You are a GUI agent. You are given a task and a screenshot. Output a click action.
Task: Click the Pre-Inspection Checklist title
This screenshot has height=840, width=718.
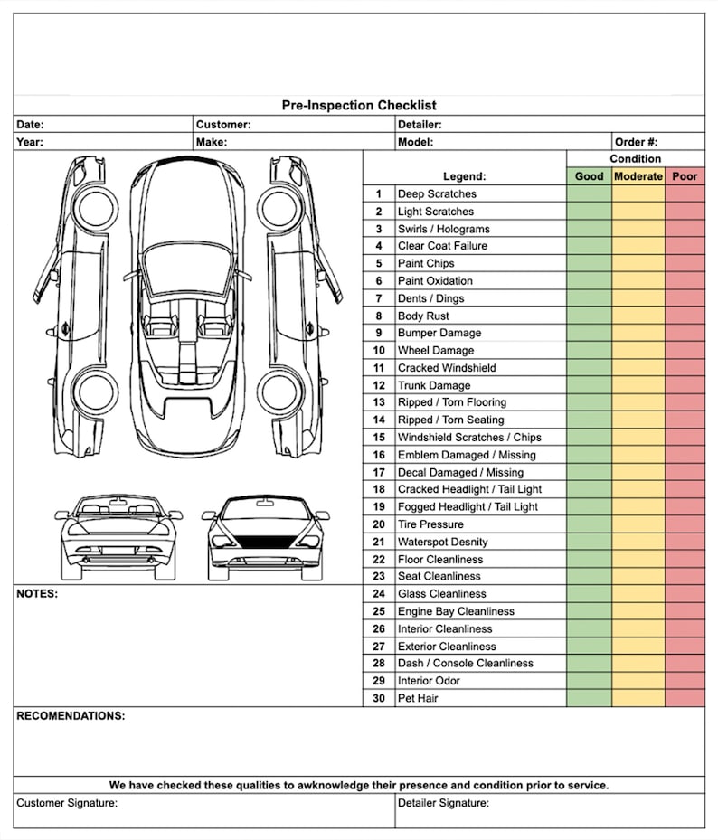point(359,106)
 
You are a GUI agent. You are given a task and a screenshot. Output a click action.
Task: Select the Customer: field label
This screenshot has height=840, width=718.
point(223,125)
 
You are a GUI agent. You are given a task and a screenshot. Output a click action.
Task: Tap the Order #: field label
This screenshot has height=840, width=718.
point(636,142)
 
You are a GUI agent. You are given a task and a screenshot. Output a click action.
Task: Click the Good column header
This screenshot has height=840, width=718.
point(589,176)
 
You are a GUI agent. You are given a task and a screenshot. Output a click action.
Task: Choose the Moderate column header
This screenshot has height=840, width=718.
point(638,176)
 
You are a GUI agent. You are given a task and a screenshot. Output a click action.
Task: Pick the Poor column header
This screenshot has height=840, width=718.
point(685,176)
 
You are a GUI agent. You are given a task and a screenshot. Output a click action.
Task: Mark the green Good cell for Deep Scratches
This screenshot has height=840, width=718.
point(589,193)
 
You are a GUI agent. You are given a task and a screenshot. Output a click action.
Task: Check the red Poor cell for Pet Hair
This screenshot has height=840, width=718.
point(685,698)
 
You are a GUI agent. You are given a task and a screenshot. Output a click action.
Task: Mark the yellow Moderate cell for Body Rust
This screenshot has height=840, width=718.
point(638,316)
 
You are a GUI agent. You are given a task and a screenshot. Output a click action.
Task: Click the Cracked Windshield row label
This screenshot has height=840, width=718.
point(447,368)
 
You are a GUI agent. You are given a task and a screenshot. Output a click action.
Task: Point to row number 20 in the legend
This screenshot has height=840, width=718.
point(379,524)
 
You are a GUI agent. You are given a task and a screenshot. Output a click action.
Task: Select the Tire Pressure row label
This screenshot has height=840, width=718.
point(430,524)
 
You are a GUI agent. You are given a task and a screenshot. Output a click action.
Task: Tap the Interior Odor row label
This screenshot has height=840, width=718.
point(429,681)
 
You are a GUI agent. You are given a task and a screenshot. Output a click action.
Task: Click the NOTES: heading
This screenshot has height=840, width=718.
point(37,594)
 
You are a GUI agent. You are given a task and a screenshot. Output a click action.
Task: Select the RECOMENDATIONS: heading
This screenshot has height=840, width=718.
point(71,716)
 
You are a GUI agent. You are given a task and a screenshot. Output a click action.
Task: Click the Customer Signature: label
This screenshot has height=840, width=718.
point(67,803)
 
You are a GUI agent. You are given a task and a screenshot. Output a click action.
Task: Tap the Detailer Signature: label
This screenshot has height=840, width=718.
point(443,803)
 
